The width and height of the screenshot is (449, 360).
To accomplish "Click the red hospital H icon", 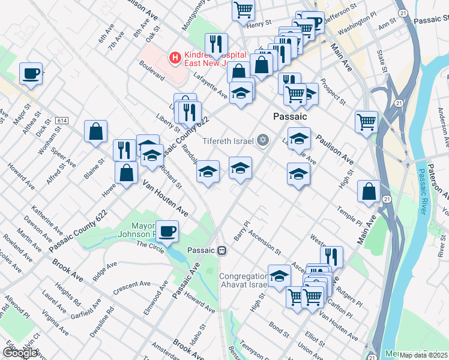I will pyautogui.click(x=175, y=58).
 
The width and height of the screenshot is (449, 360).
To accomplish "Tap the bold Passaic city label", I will pyautogui.click(x=290, y=116).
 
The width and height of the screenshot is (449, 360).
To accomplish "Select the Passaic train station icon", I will pyautogui.click(x=222, y=250).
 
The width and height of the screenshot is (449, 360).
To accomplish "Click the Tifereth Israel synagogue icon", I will pyautogui.click(x=262, y=141).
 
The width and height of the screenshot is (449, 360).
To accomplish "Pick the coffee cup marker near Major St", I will pyautogui.click(x=31, y=74).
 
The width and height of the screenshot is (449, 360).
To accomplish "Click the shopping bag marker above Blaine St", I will pyautogui.click(x=96, y=132).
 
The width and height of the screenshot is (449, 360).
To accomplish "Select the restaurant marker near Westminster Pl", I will pyautogui.click(x=331, y=256).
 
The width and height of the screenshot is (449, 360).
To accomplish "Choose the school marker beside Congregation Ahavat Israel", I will pyautogui.click(x=279, y=276).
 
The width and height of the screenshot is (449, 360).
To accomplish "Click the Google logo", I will pyautogui.click(x=21, y=353).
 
